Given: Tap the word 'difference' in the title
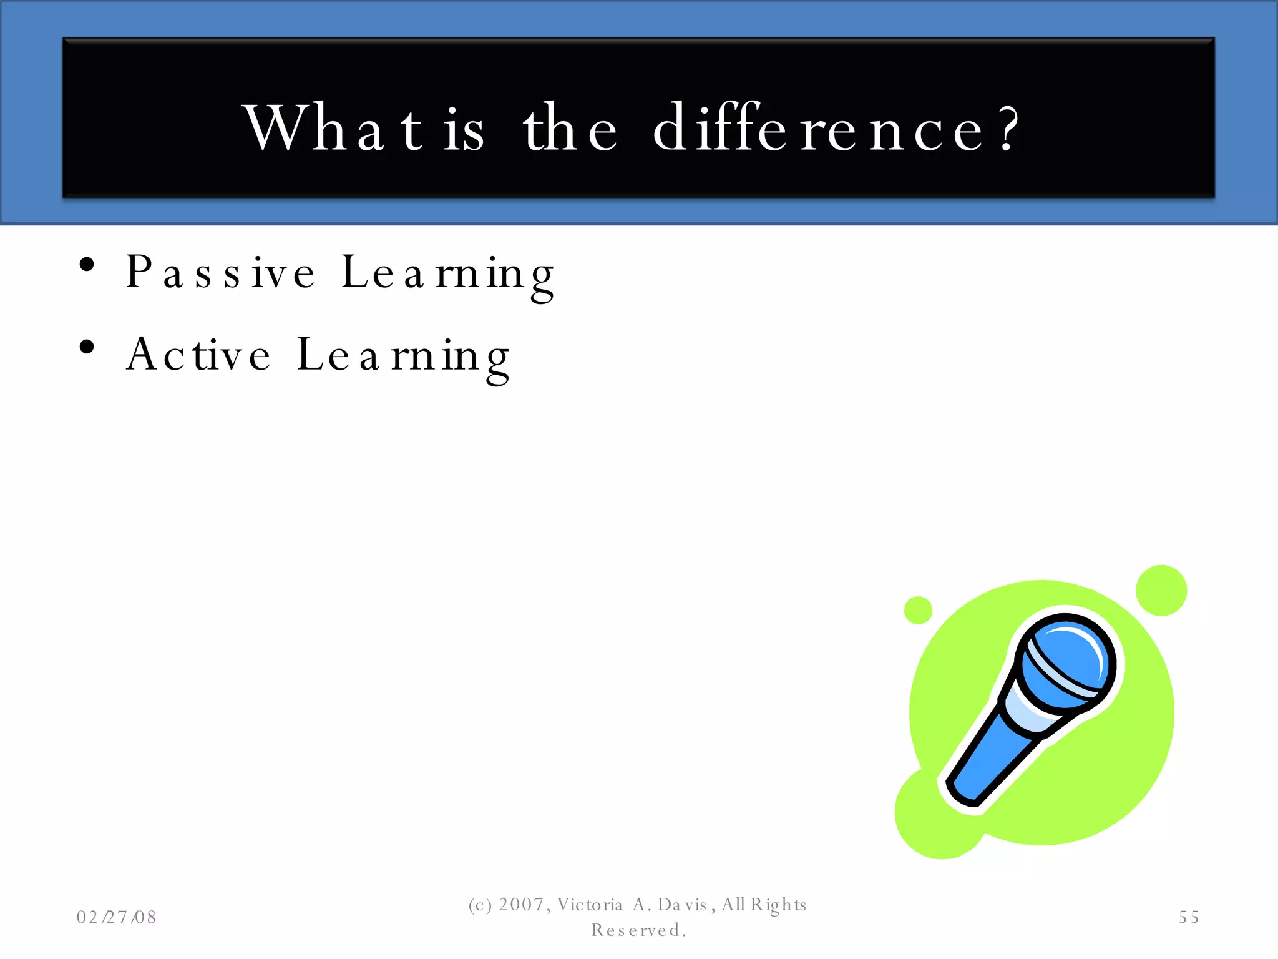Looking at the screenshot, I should (818, 128).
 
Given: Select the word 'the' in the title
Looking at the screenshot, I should (570, 128).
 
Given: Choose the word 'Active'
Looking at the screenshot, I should (198, 355).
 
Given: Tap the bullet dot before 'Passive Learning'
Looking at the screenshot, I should (87, 265).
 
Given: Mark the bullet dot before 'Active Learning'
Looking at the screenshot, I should (87, 347).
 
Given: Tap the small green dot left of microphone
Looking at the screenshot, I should (918, 610).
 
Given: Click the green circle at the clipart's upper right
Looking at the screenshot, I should (1161, 590).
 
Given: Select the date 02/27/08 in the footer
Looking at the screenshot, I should (116, 917).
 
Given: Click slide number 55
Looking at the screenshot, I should (1189, 917).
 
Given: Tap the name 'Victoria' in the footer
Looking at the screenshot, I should (590, 905).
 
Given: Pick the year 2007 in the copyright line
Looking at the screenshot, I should (522, 905).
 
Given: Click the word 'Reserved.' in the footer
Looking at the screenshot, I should (638, 930).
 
